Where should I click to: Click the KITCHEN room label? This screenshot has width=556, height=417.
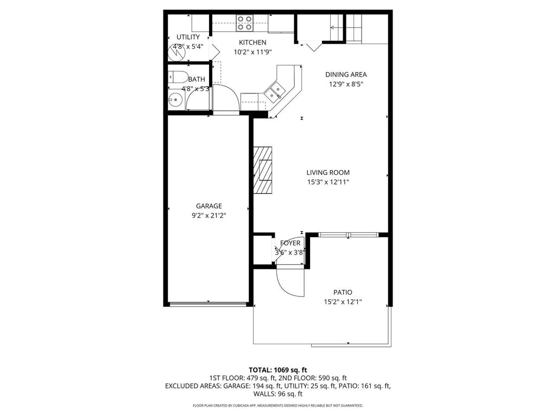(252, 42)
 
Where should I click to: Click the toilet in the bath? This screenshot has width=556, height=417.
(178, 77)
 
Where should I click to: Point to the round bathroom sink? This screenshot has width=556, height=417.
(175, 99)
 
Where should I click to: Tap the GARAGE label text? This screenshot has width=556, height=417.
(209, 206)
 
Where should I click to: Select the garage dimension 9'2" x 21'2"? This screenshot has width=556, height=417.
(209, 216)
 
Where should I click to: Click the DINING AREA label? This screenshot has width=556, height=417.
(346, 75)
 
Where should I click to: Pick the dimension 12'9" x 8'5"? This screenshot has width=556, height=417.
(346, 84)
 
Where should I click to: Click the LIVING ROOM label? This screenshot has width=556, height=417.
(327, 173)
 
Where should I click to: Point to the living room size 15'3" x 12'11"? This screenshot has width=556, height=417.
(327, 182)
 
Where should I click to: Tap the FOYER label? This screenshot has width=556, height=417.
(290, 243)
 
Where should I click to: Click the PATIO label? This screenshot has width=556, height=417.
(343, 292)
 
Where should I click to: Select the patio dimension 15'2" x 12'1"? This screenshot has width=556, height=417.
(343, 301)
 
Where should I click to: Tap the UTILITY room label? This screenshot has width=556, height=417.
(188, 37)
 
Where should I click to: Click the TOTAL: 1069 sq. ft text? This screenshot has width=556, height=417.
(277, 370)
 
